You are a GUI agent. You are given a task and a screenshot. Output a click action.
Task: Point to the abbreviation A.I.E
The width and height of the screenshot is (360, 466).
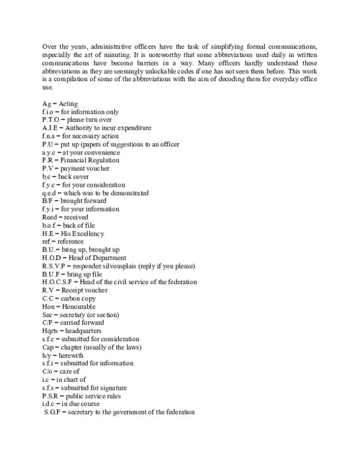(x=50, y=128)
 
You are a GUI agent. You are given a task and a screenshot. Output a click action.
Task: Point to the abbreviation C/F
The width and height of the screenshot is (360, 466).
(x=47, y=322)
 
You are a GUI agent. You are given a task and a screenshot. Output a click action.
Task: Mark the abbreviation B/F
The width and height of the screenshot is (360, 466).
(x=47, y=201)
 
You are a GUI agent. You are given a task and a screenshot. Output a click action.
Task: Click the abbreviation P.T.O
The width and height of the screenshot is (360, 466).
(x=52, y=120)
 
